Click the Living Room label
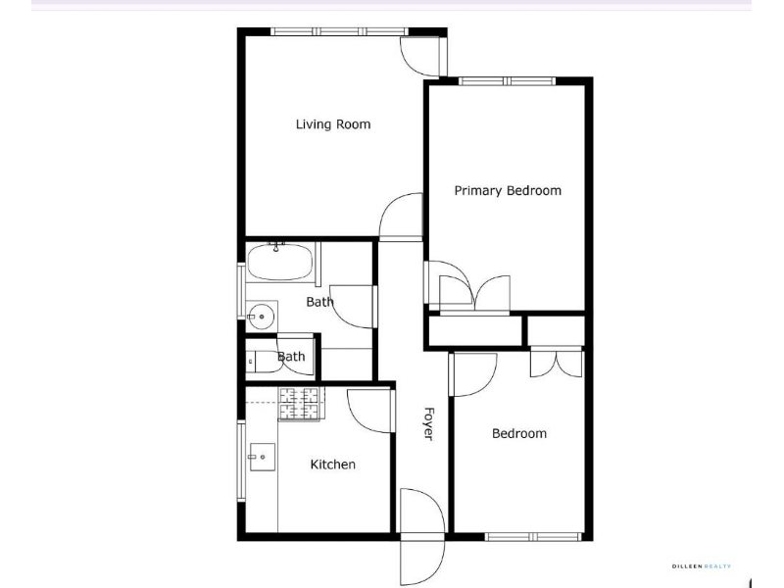pos(333,124)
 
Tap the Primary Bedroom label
pos(508,190)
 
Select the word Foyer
pos(428,424)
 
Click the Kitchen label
pos(333,465)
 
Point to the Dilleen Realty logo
pos(702,566)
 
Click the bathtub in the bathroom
pos(280,262)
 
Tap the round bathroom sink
pos(261,317)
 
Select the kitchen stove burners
pos(299,404)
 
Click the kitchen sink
pos(262,457)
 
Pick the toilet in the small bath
pos(264,361)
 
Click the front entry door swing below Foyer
pos(422,536)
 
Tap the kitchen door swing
pos(369,411)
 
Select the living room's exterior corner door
pos(422,56)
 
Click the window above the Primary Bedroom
pos(508,81)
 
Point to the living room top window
pos(339,31)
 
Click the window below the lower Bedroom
pos(533,537)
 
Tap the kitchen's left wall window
pos(241,461)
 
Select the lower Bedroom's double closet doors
pos(557,363)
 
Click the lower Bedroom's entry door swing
pos(473,374)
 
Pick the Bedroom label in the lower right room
pos(519,433)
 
